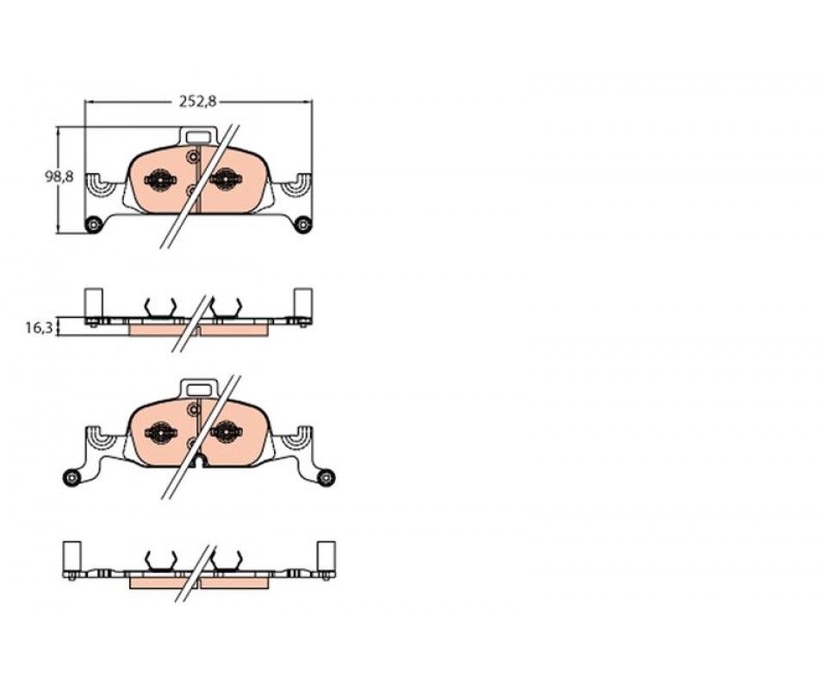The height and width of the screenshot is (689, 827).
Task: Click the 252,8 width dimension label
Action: click(198, 102)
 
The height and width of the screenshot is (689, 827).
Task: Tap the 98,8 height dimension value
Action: click(59, 177)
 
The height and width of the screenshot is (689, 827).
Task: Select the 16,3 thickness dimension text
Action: click(39, 328)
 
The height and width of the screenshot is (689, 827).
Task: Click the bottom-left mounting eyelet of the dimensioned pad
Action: click(93, 225)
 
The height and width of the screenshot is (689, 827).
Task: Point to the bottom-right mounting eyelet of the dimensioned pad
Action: click(302, 225)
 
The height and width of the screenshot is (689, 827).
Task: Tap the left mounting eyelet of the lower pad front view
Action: click(72, 478)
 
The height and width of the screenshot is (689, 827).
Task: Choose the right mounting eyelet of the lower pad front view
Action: click(327, 478)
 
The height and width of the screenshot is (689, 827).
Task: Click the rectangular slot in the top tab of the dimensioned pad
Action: click(198, 137)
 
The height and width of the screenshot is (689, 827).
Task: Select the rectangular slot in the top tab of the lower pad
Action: click(199, 389)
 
